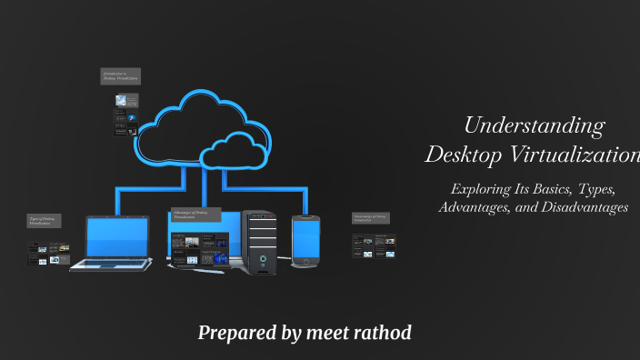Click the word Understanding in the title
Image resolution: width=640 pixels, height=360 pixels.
(534, 125)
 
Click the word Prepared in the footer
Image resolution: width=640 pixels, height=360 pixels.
(237, 333)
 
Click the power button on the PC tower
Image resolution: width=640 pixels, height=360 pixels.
(262, 258)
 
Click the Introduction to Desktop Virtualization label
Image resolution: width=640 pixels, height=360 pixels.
(120, 76)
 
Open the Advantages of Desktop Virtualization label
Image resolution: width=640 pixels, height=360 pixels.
(192, 215)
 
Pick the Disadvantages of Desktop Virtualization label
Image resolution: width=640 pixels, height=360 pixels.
(370, 218)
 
